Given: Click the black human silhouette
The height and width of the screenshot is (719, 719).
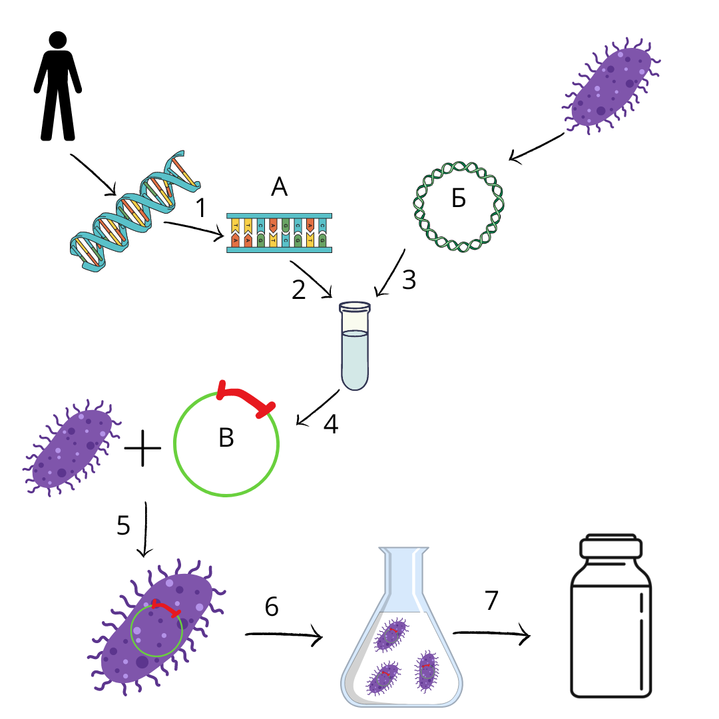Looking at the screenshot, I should (x=58, y=83).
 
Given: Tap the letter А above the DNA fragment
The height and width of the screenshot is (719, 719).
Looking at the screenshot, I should (x=279, y=188).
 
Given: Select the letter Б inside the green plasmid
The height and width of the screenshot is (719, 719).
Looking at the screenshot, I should (x=458, y=199).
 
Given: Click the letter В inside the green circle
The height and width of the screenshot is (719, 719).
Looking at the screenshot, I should (x=226, y=437).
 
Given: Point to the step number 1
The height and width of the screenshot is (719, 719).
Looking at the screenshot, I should (x=200, y=209).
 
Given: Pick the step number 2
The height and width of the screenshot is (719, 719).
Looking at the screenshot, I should (x=299, y=290).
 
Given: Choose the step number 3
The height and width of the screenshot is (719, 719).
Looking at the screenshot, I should (x=409, y=280).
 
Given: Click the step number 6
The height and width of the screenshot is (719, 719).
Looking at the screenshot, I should (x=272, y=606).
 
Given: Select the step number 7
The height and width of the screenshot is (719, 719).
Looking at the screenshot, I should (x=491, y=600).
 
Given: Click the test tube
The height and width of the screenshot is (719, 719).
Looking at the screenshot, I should (x=354, y=346).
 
